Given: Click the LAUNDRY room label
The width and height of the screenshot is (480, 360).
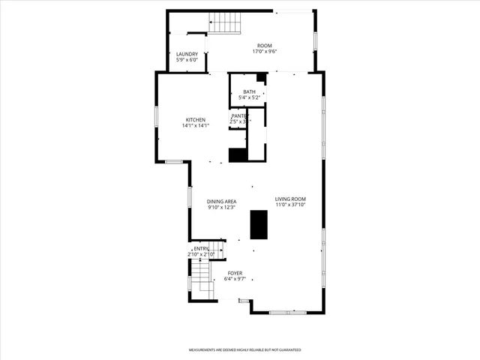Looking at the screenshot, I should click(187, 54).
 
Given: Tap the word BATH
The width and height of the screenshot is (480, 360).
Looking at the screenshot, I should click(248, 91).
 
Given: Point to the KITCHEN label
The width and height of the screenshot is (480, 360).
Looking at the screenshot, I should click(196, 120).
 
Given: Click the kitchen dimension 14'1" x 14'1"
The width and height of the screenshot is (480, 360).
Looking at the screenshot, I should click(196, 126).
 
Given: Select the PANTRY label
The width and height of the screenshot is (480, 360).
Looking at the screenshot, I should click(239, 116).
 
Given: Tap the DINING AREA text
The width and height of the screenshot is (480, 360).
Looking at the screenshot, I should click(222, 201).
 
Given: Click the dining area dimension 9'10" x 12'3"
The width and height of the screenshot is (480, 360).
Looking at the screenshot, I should click(222, 207).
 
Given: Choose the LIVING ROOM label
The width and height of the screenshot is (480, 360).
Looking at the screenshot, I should click(290, 199).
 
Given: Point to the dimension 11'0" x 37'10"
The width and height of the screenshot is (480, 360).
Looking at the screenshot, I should click(290, 205).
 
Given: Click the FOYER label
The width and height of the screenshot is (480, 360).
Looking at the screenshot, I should click(235, 273).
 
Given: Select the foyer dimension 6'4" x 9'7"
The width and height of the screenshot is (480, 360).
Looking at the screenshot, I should click(235, 279).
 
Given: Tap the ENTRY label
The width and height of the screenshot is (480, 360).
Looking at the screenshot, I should click(201, 249).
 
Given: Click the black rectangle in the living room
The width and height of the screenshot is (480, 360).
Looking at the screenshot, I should click(259, 224).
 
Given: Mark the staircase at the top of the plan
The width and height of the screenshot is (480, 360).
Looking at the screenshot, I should click(226, 25).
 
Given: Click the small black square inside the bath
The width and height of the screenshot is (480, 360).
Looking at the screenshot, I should click(260, 77).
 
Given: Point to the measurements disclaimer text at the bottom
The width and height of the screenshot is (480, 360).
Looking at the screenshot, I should click(244, 350).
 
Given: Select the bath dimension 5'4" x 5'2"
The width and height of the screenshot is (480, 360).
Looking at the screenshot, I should click(248, 97).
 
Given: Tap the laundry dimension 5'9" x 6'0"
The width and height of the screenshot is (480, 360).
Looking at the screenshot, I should click(187, 60).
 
